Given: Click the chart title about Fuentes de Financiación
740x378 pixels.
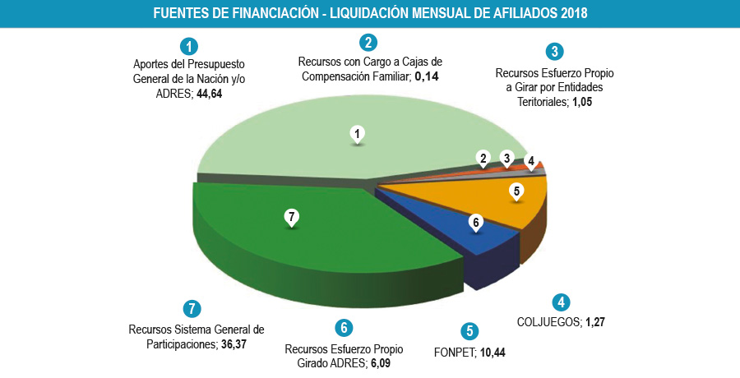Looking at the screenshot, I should tap(370, 14).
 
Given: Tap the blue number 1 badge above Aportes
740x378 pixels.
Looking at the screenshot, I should tap(190, 46).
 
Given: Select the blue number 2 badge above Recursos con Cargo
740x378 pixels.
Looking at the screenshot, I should tap(369, 43).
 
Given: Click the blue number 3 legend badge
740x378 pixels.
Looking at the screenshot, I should tap(555, 52).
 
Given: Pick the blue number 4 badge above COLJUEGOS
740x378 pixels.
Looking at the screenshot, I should tap(562, 302).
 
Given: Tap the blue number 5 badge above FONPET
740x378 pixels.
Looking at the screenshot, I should tap(469, 332).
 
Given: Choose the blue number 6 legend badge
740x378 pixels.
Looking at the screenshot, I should tap(345, 327).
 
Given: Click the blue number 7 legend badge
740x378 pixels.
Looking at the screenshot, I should tap(191, 309).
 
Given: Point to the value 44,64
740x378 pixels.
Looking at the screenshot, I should tap(210, 94).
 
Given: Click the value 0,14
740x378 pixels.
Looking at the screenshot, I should tap(426, 76).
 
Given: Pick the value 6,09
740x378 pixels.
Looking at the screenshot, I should tap(379, 362).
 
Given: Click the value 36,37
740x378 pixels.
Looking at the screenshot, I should tap(234, 344).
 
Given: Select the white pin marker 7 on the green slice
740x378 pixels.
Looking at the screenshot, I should tap(289, 218).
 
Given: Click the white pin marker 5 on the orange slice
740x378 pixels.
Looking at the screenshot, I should tap(516, 192).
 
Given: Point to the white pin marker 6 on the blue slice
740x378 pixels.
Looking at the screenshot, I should tap(475, 223).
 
